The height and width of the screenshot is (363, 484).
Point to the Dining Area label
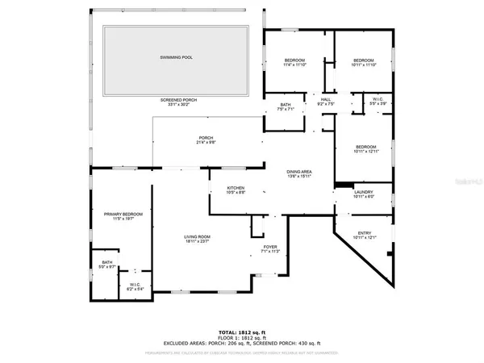(301, 172)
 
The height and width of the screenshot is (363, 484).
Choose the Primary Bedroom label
(123, 214)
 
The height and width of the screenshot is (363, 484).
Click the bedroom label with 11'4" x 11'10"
(294, 61)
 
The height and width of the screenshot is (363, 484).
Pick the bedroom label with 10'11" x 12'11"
(365, 148)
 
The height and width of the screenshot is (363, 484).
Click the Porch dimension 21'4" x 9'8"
(206, 143)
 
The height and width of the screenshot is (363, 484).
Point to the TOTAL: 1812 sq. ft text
(241, 332)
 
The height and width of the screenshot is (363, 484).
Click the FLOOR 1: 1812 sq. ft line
(241, 337)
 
